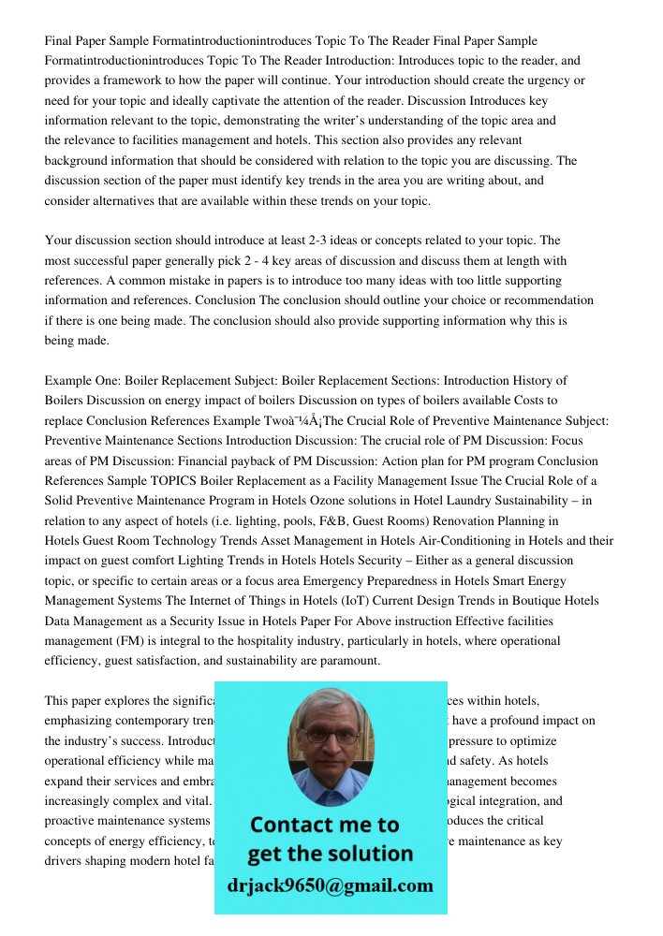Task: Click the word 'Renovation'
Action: (444, 520)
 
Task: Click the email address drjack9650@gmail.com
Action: (331, 885)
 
